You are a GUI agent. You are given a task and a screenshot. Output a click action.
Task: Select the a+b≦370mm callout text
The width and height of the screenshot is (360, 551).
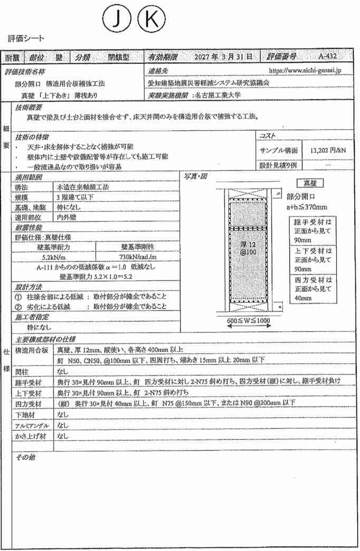tap(307, 206)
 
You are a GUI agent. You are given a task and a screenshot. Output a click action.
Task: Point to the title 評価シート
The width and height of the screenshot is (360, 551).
tap(26, 38)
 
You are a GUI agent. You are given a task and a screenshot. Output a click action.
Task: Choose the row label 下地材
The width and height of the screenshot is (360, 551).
tap(25, 415)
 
